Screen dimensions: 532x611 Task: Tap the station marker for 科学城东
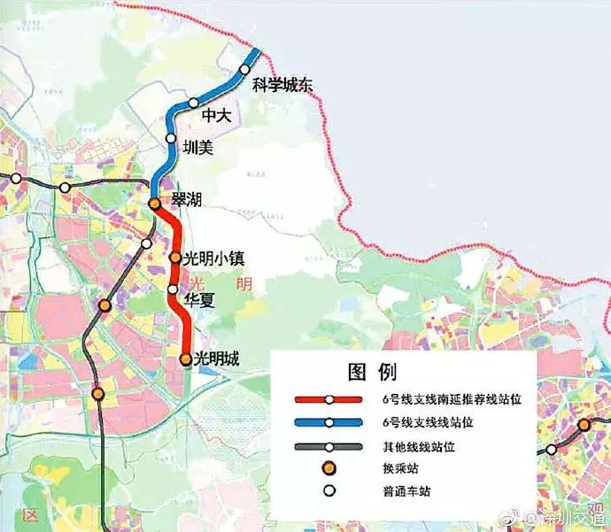(x=245, y=70)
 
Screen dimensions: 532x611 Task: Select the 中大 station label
(x=216, y=116)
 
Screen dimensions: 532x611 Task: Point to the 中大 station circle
(x=194, y=104)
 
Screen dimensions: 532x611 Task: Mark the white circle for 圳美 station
(x=171, y=138)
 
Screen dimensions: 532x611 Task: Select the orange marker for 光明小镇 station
(x=175, y=259)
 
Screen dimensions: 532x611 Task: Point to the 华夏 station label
(x=197, y=299)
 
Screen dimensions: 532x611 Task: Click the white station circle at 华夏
(x=174, y=289)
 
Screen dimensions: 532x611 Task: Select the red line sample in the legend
(x=329, y=400)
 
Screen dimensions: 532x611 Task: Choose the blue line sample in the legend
(x=329, y=423)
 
